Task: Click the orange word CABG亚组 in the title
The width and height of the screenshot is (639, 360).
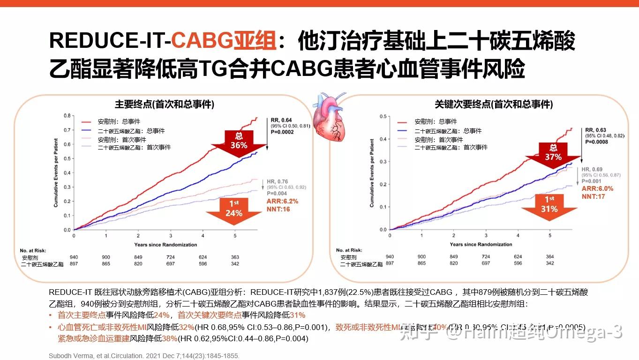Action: [223, 41]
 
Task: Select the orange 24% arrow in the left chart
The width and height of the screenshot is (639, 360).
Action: [234, 210]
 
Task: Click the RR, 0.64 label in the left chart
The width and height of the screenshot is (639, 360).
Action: [281, 120]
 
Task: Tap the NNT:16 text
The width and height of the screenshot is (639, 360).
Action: [278, 209]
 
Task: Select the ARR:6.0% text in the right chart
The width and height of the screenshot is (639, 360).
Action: [597, 188]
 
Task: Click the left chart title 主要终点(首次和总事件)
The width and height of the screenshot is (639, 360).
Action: [165, 105]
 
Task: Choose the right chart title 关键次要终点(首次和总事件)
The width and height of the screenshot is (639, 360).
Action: [493, 105]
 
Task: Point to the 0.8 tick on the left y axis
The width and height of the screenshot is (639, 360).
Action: [67, 115]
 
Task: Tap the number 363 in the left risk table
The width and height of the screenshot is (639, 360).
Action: [235, 257]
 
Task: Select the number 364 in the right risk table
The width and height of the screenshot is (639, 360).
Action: [550, 257]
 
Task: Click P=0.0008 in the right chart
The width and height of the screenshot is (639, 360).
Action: [595, 142]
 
